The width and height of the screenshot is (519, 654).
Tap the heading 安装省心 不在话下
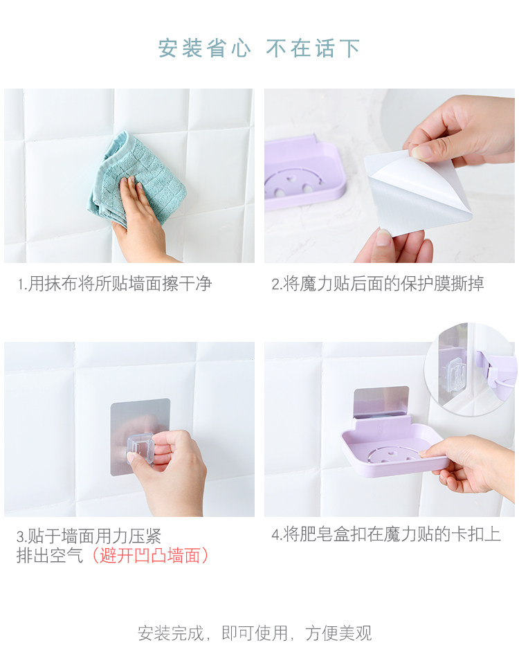coord(259,48)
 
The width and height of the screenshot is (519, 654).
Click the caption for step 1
coord(115,284)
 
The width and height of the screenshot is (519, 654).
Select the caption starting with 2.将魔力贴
coord(378,284)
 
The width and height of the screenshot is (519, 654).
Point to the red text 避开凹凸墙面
coord(149,556)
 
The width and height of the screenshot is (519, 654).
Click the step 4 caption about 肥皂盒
coord(386,534)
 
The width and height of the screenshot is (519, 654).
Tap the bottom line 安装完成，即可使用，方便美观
coord(255,633)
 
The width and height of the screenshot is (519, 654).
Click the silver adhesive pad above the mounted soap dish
coord(381,401)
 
